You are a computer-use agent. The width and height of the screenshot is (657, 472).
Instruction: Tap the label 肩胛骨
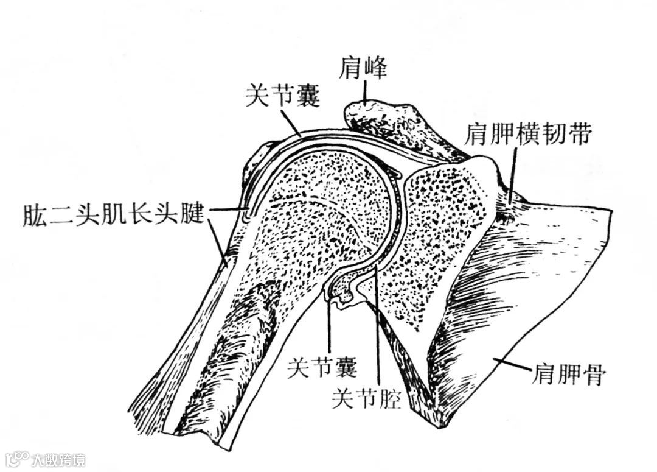pyautogui.click(x=568, y=373)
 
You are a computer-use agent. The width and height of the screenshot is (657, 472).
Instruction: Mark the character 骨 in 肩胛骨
pyautogui.click(x=593, y=373)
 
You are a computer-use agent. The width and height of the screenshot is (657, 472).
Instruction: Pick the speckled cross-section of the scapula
pyautogui.click(x=438, y=231)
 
